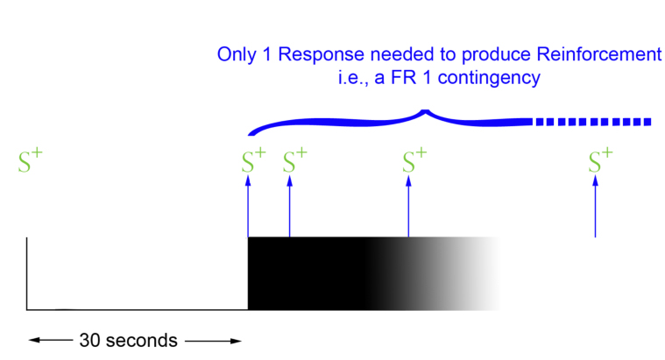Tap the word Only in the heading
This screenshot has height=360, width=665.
(x=238, y=55)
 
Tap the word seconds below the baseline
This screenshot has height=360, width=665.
(x=140, y=340)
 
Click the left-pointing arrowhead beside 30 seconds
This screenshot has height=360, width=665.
(x=33, y=340)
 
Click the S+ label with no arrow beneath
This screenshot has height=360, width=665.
(x=30, y=161)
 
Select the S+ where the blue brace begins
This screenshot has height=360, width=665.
(x=253, y=161)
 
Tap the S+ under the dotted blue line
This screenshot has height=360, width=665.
(x=600, y=161)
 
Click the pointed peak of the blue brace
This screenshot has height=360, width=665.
(x=426, y=111)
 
